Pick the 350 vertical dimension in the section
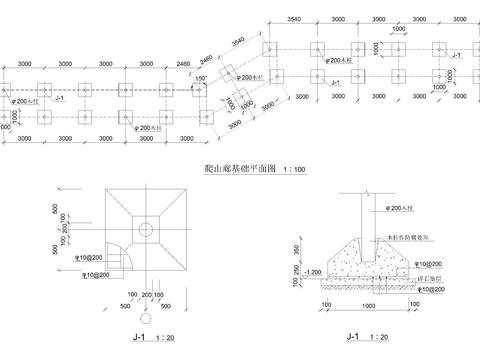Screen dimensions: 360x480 pyautogui.click(x=296, y=246)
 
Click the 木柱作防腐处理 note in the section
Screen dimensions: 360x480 pyautogui.click(x=410, y=238)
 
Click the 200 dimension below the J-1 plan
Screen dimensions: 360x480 pyautogui.click(x=147, y=295)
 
